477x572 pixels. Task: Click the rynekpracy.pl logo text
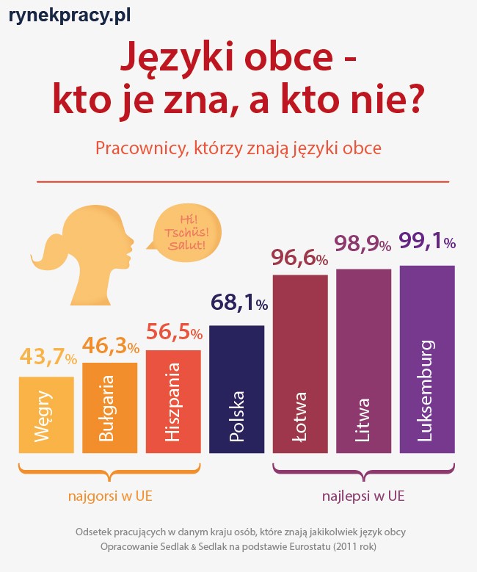[70, 15]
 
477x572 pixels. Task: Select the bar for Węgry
[46, 415]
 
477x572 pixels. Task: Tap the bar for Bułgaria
[109, 408]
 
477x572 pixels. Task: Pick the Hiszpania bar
[173, 401]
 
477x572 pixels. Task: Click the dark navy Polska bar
[236, 389]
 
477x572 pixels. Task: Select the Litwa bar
[363, 361]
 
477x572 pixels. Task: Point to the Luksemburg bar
[427, 359]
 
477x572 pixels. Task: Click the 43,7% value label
[48, 358]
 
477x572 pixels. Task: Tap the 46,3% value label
[110, 345]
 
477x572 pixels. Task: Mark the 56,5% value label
[174, 332]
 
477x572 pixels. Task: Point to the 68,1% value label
[239, 303]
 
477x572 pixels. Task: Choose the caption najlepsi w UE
[363, 496]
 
